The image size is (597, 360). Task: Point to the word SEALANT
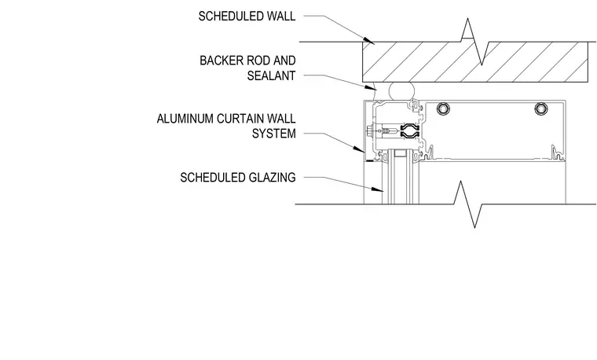pos(271,75)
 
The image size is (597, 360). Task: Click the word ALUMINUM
pos(185,119)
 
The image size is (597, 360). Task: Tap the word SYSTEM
pos(273,134)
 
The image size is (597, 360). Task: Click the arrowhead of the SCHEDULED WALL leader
pos(369,40)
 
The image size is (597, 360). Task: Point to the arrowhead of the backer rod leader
pos(371,87)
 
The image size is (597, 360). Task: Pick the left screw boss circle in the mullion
pos(443,109)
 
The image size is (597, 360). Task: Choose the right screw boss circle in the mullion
pos(541,109)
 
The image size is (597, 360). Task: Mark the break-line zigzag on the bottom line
pos(468,204)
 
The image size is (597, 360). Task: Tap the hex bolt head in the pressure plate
pos(369,131)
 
